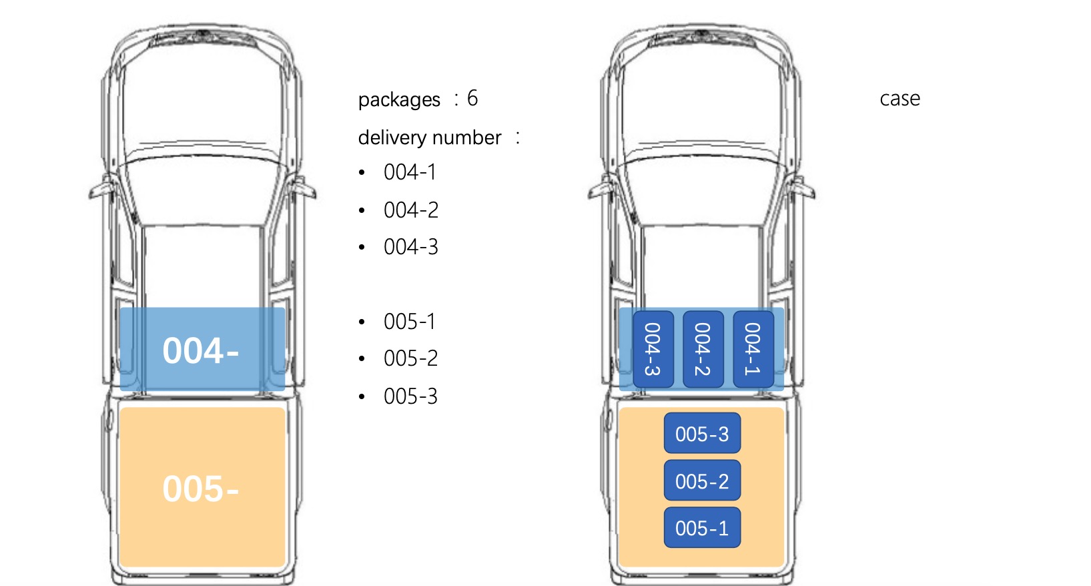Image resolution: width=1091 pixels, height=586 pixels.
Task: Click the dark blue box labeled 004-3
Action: tap(653, 349)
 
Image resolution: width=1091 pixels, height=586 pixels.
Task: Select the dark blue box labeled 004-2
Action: tap(703, 349)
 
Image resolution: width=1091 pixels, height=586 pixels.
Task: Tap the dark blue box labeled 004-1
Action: tap(753, 349)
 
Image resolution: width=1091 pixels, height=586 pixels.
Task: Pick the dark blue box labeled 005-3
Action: tap(702, 433)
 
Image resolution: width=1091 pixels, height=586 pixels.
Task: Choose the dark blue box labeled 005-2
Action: tap(702, 481)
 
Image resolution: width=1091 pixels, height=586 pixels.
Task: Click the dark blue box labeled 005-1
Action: tap(702, 527)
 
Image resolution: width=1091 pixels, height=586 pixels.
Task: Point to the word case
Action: tap(899, 99)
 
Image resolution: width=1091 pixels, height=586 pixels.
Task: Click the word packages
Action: tap(399, 100)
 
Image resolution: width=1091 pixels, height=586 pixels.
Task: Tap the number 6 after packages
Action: tap(472, 98)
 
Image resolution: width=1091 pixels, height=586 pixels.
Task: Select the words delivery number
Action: tap(430, 138)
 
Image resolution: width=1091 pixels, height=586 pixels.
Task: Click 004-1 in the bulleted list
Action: tap(410, 172)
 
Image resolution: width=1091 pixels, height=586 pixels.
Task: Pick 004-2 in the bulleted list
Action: tap(411, 210)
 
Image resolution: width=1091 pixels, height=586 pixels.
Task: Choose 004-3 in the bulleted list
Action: tap(411, 247)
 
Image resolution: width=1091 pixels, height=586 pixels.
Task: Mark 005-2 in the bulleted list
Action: tap(411, 359)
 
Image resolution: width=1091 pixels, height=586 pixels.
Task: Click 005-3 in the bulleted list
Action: tap(411, 396)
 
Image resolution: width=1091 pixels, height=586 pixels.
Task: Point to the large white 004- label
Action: tap(201, 350)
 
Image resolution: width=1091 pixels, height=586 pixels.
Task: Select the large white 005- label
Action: tap(201, 489)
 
